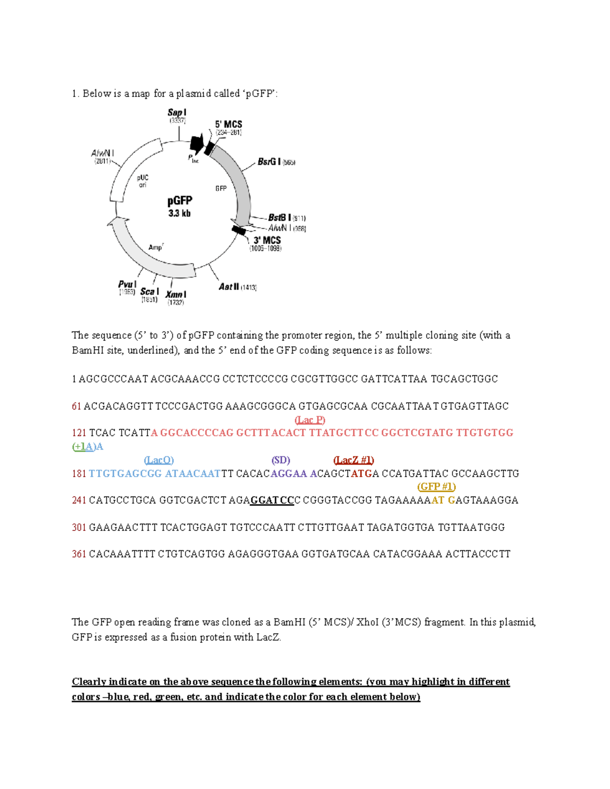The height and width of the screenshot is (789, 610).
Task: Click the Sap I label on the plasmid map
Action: (x=177, y=113)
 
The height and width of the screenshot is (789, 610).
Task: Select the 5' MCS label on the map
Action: (x=228, y=124)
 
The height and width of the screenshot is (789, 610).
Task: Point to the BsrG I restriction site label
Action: (x=269, y=162)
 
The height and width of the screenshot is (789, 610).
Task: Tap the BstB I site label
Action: (x=280, y=218)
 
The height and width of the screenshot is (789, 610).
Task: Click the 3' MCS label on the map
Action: (x=267, y=240)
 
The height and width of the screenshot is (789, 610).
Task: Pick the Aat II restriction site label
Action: (x=229, y=287)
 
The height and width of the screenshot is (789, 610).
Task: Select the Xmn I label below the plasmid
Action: (x=176, y=295)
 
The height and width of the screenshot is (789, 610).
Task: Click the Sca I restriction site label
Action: (x=149, y=292)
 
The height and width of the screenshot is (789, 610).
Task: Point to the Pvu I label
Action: (x=127, y=285)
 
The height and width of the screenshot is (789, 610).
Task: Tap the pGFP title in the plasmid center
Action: (x=180, y=201)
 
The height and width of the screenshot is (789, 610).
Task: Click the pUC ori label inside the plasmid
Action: (x=143, y=181)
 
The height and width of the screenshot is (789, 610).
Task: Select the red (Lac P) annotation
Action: (x=310, y=420)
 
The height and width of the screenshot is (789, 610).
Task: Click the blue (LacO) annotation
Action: (x=159, y=460)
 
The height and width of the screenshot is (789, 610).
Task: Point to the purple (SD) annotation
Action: (x=281, y=460)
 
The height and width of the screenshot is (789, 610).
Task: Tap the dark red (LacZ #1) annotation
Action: (x=353, y=460)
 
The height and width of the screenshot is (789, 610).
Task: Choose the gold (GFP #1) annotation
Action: (x=436, y=487)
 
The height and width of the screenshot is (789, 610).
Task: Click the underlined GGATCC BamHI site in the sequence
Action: (x=272, y=500)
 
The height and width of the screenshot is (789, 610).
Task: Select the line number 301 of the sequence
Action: (x=79, y=527)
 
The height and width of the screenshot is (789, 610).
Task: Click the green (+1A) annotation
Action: (x=84, y=447)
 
